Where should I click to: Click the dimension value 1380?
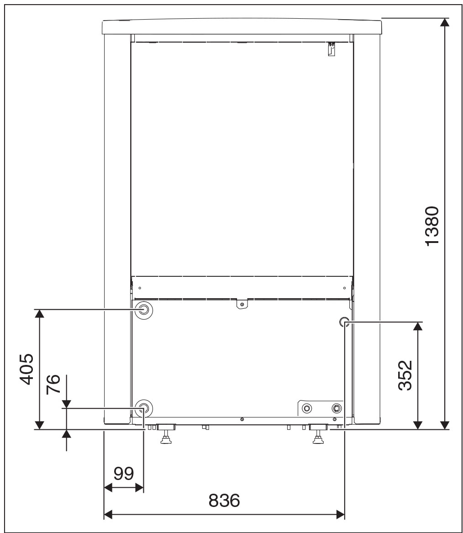pos(432,226)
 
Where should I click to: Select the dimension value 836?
pos(224,501)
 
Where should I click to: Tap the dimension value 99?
pos(124,473)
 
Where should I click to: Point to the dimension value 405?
pos(27,369)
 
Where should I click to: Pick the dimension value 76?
pos(53,384)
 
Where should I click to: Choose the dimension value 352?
pos(405,375)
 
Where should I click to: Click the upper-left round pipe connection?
pos(143,310)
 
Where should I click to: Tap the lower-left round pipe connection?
pos(143,408)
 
